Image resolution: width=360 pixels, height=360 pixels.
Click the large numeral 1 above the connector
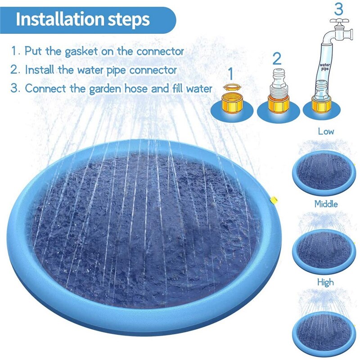point(230,72)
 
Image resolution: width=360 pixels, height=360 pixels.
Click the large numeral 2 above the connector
point(277,58)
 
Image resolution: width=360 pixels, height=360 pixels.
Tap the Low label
point(326,132)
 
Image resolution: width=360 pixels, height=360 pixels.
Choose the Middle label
point(326,204)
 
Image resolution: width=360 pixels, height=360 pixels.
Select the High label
point(325,282)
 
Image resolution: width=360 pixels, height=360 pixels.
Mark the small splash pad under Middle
point(323,249)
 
